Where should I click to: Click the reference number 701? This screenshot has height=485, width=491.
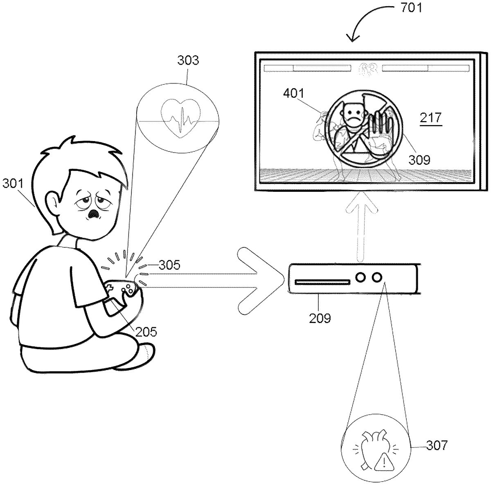click(x=411, y=8)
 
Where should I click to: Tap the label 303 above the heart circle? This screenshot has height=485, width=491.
click(x=188, y=60)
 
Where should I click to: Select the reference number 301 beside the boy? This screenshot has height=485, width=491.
click(x=13, y=183)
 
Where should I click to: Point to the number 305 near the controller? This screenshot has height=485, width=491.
click(x=169, y=265)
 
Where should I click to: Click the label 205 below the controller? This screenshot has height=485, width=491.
click(x=146, y=332)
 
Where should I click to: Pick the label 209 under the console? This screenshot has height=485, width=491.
click(x=320, y=318)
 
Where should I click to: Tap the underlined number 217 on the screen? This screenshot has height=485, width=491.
click(x=430, y=118)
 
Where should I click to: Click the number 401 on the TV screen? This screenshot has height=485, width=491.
click(x=294, y=93)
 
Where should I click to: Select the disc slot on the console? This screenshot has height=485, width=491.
click(x=322, y=282)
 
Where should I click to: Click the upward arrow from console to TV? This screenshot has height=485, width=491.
click(x=362, y=227)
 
